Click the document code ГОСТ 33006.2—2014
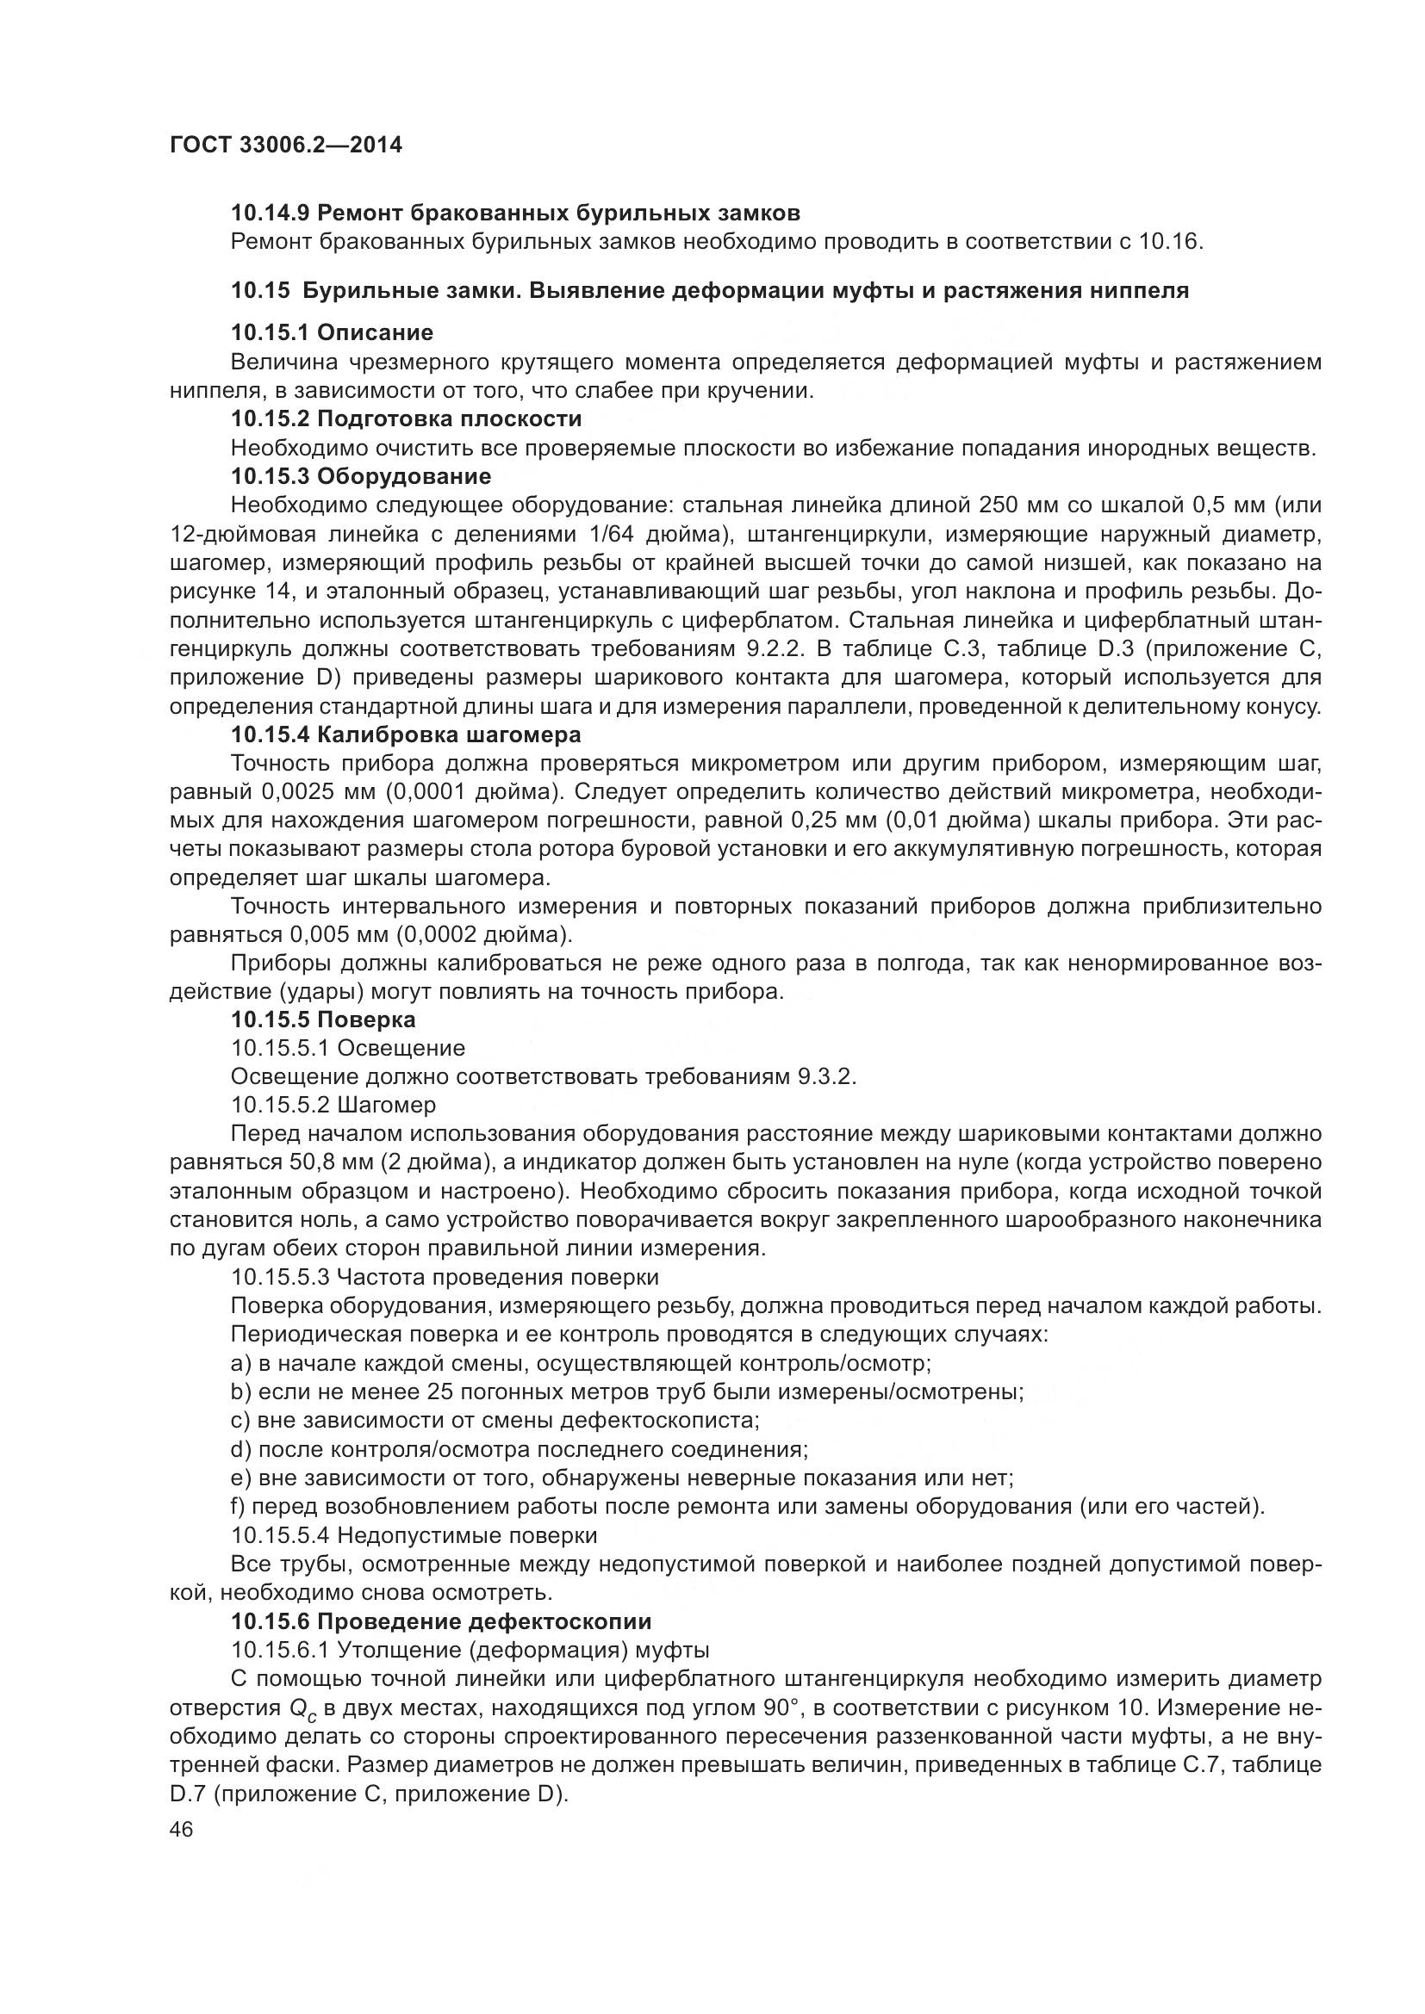pos(285,146)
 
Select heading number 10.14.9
pos(271,214)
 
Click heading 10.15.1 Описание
pos(332,332)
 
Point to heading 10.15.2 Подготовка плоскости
pos(406,418)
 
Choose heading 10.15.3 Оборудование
pos(361,476)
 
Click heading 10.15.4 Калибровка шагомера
pos(406,734)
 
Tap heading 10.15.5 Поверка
pos(323,1019)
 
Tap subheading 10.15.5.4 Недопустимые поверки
pos(414,1535)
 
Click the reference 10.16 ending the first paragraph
pos(1169,241)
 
